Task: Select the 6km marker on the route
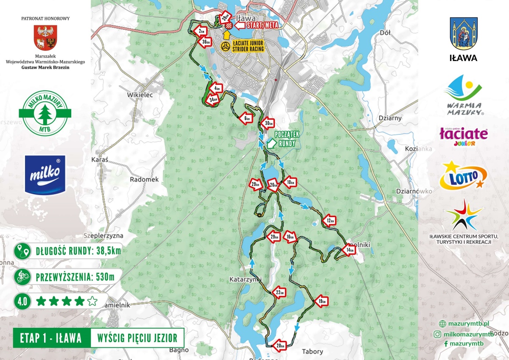tap(246, 119)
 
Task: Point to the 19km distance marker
tap(322, 301)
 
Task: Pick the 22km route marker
tap(279, 293)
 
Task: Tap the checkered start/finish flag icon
tap(229, 26)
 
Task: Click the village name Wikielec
tap(140, 95)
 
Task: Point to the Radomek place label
tap(144, 179)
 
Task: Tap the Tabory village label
tap(312, 352)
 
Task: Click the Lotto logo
tap(463, 176)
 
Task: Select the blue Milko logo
tap(45, 174)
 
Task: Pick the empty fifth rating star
tap(92, 301)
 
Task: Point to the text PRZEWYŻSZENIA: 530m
tap(75, 277)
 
